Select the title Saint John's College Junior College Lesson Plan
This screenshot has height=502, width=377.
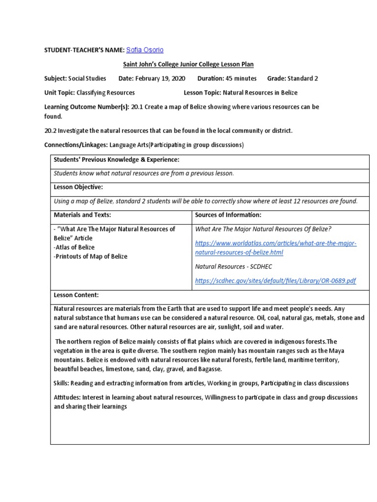tap(188, 64)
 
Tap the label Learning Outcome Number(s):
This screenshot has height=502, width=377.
tap(87, 106)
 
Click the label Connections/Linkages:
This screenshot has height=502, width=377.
tap(76, 145)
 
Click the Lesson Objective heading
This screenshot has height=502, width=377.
tap(78, 187)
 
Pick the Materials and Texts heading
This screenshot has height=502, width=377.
tap(82, 215)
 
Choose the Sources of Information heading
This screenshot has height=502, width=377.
tap(228, 215)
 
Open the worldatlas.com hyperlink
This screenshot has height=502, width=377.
tap(275, 248)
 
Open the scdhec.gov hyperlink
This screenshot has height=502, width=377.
tap(275, 280)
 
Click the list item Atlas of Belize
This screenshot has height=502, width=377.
tap(74, 247)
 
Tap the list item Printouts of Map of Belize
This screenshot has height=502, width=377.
tap(90, 256)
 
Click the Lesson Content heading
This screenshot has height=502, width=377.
tap(76, 295)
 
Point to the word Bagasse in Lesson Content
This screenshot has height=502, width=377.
tap(209, 369)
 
